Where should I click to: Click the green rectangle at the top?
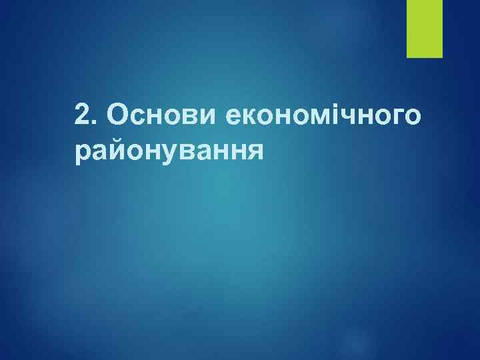tap(425, 28)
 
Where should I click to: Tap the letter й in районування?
tap(117, 151)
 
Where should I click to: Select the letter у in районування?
tap(167, 155)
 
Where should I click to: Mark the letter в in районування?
tap(184, 153)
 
